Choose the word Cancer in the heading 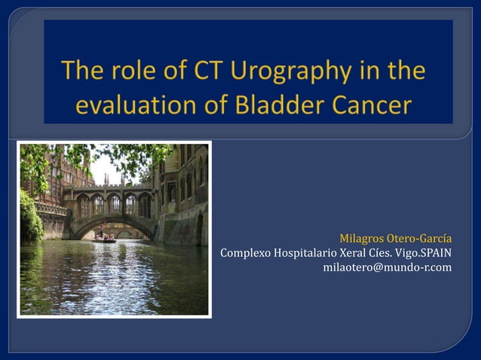(373, 105)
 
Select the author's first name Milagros (362, 239)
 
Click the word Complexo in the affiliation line (246, 252)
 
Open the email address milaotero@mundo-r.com (387, 267)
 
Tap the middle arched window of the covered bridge (114, 204)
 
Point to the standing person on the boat (103, 234)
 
